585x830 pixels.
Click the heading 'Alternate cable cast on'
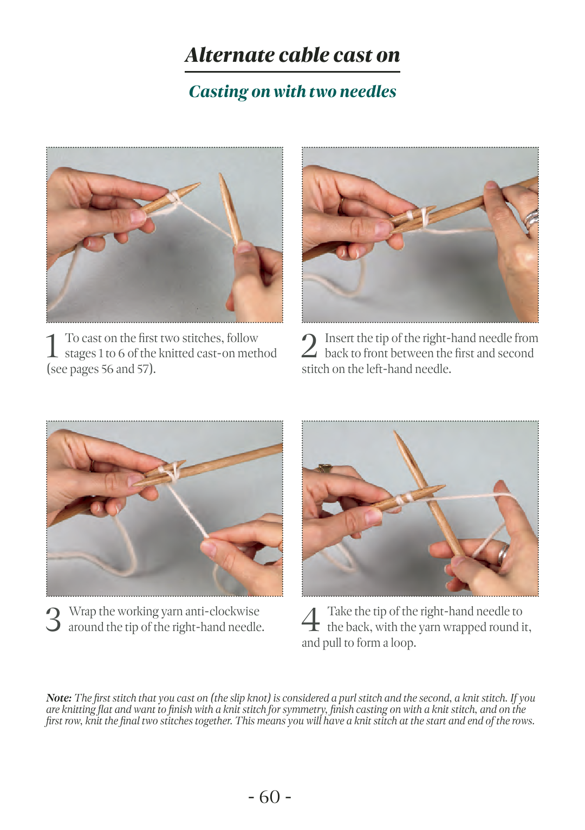click(x=292, y=55)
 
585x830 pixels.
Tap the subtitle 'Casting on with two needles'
click(x=292, y=91)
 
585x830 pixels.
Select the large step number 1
click(x=52, y=346)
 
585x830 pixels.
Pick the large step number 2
click(x=309, y=345)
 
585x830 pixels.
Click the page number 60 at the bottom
click(x=270, y=796)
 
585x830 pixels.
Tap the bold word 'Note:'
click(x=59, y=698)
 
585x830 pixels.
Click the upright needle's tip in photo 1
click(x=221, y=173)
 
